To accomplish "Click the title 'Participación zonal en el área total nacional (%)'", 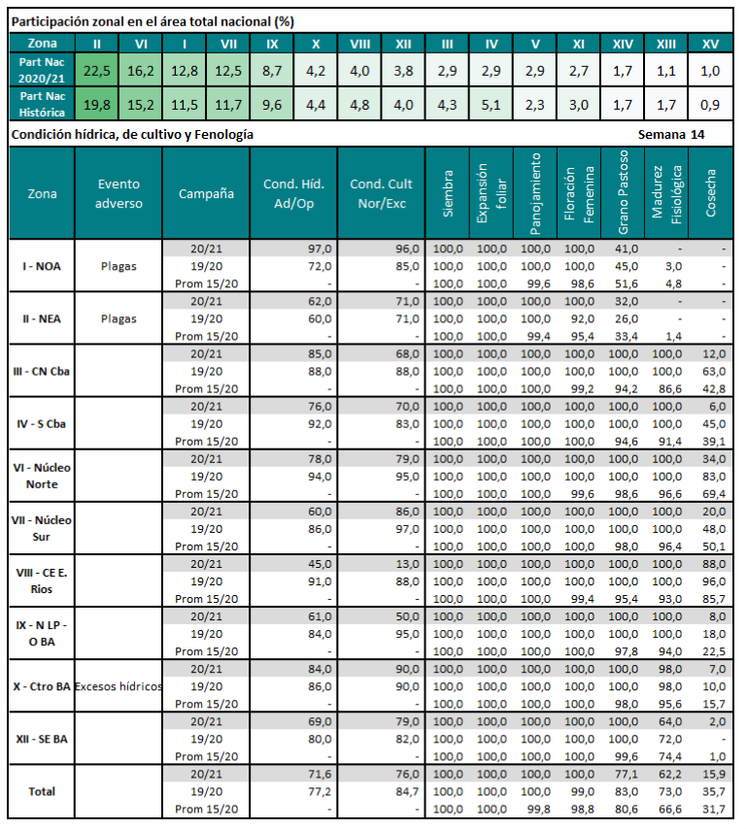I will (x=153, y=20).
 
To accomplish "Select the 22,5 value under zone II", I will (x=97, y=71).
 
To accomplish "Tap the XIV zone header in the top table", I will (x=622, y=43).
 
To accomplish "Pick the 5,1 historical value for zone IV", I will (x=491, y=105).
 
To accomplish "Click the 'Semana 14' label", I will (x=672, y=134).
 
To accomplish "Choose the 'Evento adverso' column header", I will (x=119, y=193).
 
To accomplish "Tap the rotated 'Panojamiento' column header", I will (x=535, y=193).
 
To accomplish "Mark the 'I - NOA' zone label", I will (x=42, y=265).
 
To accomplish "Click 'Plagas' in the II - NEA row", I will (x=119, y=317).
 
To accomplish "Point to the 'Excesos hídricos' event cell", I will (x=119, y=686).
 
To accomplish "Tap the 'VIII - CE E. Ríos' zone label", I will (x=42, y=580).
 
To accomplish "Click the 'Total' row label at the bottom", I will (x=42, y=791).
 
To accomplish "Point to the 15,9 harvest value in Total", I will (x=714, y=774).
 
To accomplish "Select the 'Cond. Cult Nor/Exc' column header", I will (x=381, y=193).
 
